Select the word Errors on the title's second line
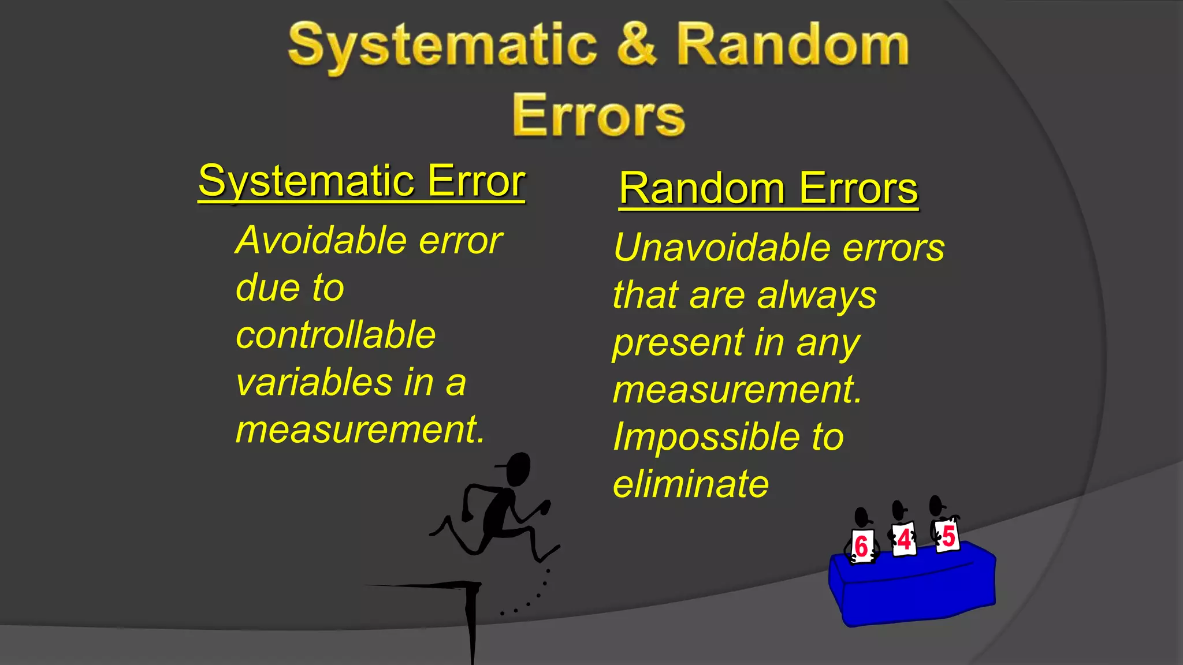click(598, 115)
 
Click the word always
click(816, 296)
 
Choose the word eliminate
click(691, 484)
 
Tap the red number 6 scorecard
click(862, 546)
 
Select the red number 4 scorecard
click(904, 540)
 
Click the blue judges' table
click(913, 589)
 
